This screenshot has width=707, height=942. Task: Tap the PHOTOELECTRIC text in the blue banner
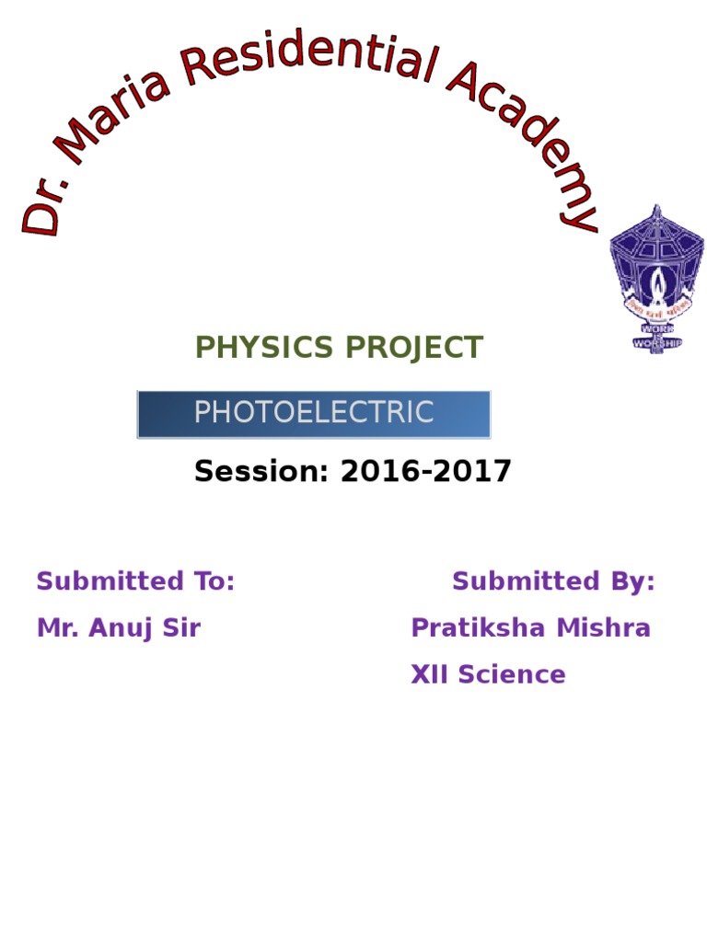[313, 413]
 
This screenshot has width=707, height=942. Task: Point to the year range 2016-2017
[425, 472]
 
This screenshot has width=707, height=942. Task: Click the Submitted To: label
[135, 581]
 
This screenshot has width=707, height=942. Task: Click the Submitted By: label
[553, 581]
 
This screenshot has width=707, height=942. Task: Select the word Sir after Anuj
[180, 629]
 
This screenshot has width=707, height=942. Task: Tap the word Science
[512, 675]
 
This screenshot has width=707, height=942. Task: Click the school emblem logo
[656, 276]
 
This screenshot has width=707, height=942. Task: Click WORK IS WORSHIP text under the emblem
[656, 337]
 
